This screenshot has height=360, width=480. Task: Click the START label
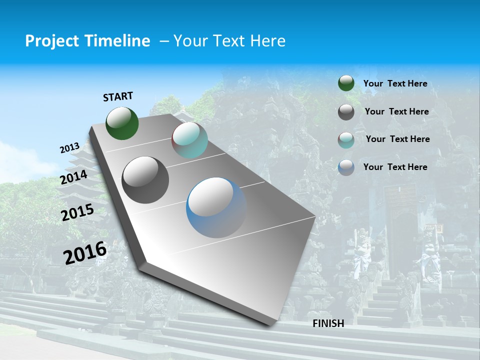118,96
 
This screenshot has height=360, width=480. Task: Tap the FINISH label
328,323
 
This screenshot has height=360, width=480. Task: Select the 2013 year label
69,148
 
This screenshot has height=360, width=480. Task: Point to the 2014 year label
73,177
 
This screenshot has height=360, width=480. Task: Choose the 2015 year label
77,212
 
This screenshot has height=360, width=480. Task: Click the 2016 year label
85,252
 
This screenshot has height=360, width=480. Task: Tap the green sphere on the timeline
122,123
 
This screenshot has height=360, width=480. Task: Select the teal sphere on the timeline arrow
189,140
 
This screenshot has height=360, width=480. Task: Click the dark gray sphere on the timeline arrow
145,179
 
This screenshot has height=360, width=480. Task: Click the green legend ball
346,83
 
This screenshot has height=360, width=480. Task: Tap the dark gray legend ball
346,112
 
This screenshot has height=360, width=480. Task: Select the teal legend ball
346,140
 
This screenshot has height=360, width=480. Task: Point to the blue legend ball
346,167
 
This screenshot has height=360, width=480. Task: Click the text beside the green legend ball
395,83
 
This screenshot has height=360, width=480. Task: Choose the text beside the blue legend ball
395,167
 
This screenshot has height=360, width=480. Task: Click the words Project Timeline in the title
87,41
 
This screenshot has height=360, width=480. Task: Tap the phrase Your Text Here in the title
229,41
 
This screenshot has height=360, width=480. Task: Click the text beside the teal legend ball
397,139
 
